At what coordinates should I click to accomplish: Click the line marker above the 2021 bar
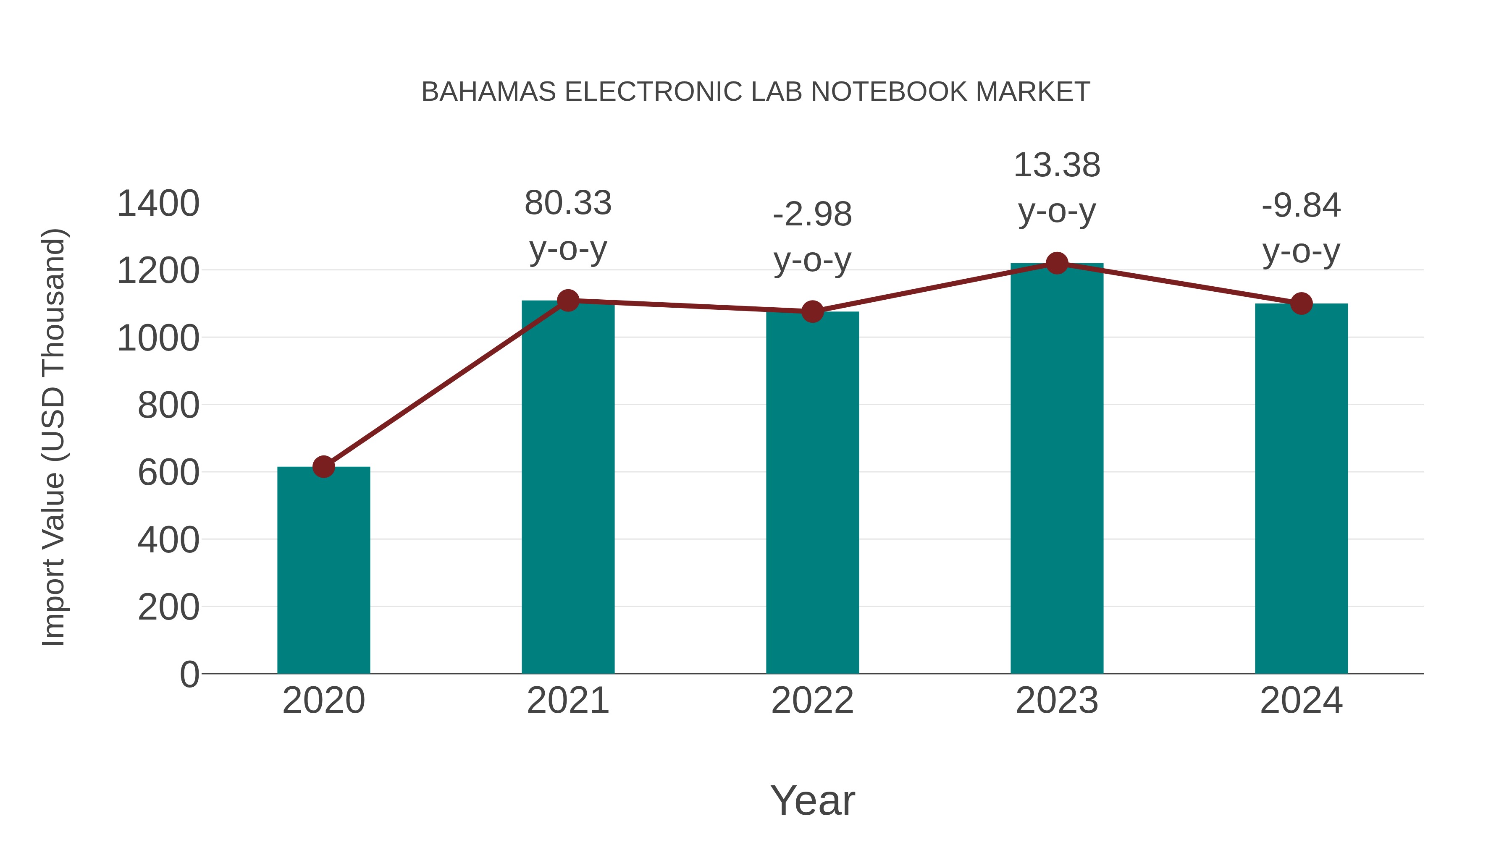pyautogui.click(x=567, y=301)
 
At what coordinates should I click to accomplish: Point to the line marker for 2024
pyautogui.click(x=1301, y=304)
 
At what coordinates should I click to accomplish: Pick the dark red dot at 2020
pyautogui.click(x=323, y=467)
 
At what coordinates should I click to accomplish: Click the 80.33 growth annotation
pyautogui.click(x=567, y=204)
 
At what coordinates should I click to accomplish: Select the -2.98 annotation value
pyautogui.click(x=812, y=214)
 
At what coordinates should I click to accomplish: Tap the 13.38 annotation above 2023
pyautogui.click(x=1057, y=165)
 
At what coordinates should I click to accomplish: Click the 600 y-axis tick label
pyautogui.click(x=168, y=473)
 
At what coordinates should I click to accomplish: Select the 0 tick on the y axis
pyautogui.click(x=189, y=675)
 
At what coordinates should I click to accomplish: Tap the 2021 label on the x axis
pyautogui.click(x=567, y=701)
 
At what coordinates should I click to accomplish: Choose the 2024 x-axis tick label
pyautogui.click(x=1301, y=701)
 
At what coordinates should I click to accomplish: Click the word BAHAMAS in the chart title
pyautogui.click(x=488, y=92)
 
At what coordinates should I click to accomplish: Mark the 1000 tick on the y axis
pyautogui.click(x=158, y=338)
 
